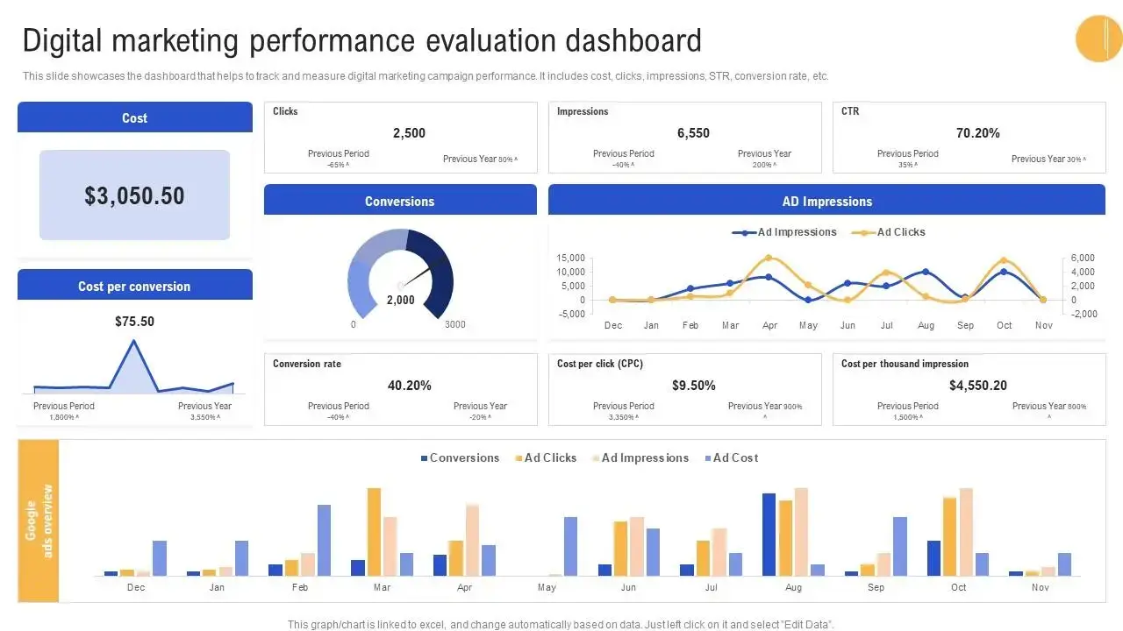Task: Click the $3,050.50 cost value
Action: tap(134, 195)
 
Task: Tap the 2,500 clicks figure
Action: tap(409, 133)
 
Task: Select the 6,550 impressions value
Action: tap(693, 133)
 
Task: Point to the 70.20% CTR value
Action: tap(977, 133)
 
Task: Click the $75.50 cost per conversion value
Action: tap(134, 322)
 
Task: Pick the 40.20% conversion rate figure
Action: tap(409, 386)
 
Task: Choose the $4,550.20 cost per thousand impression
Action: tap(977, 386)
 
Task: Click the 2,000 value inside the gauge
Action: tap(400, 300)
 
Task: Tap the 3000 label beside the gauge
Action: tap(454, 325)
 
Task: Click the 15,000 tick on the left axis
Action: tap(570, 259)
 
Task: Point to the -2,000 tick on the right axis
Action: tap(1058, 314)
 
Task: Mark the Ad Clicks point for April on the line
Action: tap(769, 259)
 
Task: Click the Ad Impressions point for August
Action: tap(926, 272)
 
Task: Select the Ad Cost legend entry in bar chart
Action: tap(730, 458)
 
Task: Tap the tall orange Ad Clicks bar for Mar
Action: tap(374, 531)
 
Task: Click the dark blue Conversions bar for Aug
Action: tap(769, 534)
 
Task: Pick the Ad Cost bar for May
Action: tap(570, 546)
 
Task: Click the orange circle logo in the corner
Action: tap(1098, 39)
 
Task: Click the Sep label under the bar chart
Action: tap(876, 588)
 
